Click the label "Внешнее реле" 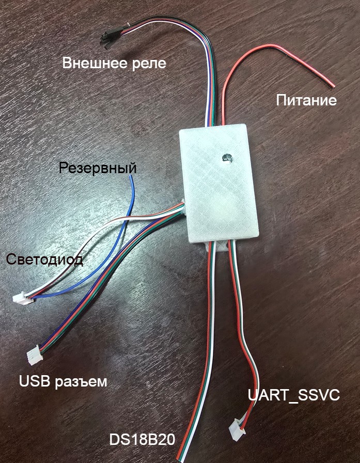click(x=115, y=64)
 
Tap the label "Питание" click(x=306, y=100)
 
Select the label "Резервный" click(x=98, y=168)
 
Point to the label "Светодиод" click(x=44, y=259)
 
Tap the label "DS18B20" click(x=142, y=440)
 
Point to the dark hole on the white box click(x=226, y=158)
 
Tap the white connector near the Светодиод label click(x=21, y=298)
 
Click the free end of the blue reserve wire click(x=131, y=177)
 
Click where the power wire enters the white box click(x=224, y=124)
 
